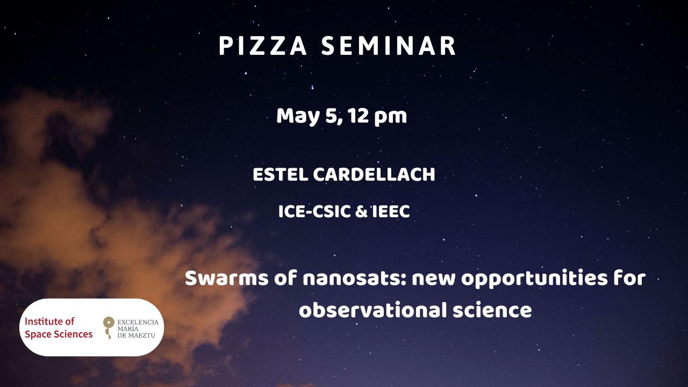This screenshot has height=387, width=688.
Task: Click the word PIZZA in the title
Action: click(x=263, y=46)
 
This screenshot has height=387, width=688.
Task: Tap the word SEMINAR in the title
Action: click(x=389, y=46)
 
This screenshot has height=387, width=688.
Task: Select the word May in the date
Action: click(x=298, y=117)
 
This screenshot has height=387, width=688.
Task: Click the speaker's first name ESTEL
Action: click(x=281, y=175)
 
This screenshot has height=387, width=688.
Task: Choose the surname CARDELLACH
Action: click(x=374, y=175)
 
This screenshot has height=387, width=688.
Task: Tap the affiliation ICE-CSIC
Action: click(x=314, y=212)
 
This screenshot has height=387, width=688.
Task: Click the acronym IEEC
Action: click(x=391, y=212)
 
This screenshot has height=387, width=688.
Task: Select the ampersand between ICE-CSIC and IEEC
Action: click(x=361, y=212)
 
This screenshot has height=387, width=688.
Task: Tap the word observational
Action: click(x=373, y=310)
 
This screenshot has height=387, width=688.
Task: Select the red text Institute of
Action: click(x=49, y=321)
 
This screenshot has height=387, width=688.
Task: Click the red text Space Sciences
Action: click(x=59, y=334)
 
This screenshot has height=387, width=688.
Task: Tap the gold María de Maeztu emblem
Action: click(x=109, y=328)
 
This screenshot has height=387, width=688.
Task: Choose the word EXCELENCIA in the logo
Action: click(x=138, y=322)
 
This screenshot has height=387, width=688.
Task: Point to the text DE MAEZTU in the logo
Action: click(x=137, y=335)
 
